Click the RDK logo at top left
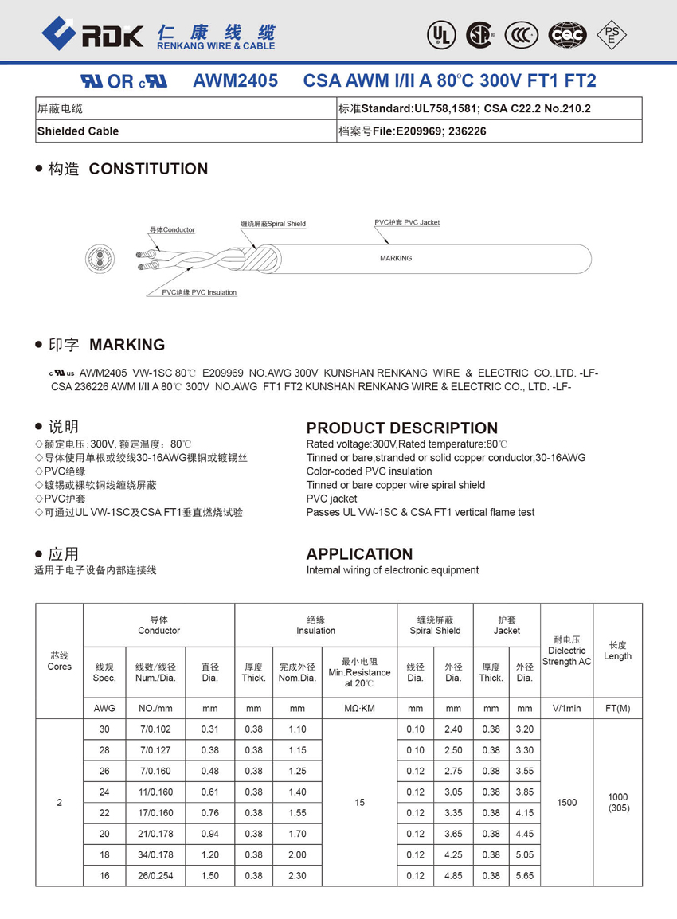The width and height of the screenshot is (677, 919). click(92, 34)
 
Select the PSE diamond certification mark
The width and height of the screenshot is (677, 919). click(612, 34)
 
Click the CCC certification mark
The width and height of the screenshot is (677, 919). click(522, 34)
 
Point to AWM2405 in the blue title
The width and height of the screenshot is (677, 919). click(236, 81)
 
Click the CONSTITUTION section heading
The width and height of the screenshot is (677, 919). click(148, 169)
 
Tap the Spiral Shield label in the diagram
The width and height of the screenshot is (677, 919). click(273, 224)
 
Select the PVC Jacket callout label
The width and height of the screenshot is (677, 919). click(407, 222)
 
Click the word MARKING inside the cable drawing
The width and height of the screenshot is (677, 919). click(396, 258)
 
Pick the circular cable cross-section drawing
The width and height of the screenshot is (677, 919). click(101, 258)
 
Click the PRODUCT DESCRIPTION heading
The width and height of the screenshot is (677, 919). click(401, 428)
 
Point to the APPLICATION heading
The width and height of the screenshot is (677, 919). click(359, 554)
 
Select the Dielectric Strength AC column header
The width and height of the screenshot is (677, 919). click(566, 651)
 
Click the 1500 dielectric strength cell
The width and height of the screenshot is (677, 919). click(566, 803)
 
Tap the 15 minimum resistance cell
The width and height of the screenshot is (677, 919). click(359, 803)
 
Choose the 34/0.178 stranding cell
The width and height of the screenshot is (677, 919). click(155, 854)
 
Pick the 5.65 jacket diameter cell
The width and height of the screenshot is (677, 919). click(524, 875)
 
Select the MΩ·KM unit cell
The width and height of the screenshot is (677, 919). click(359, 708)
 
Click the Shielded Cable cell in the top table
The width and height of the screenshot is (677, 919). click(78, 131)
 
